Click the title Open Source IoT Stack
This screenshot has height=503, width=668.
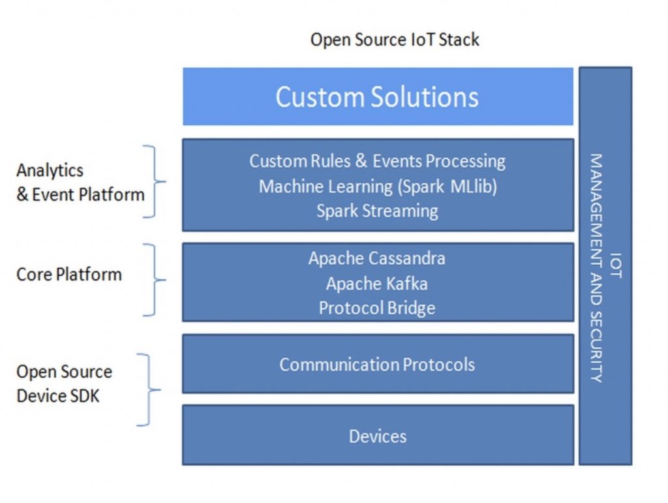[395, 40]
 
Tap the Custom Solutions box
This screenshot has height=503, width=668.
[378, 97]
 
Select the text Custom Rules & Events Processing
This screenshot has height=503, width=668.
[378, 161]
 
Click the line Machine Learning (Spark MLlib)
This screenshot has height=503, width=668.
[378, 187]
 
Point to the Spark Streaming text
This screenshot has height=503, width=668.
[378, 211]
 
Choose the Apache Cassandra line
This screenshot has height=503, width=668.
[377, 258]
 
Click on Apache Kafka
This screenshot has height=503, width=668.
[377, 284]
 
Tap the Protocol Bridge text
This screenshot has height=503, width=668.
[377, 308]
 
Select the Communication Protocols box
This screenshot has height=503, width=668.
[378, 364]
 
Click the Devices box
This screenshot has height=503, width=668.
[378, 435]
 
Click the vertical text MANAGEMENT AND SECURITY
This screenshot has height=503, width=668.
[596, 268]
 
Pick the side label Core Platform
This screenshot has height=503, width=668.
[69, 274]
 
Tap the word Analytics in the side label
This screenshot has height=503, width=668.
[50, 170]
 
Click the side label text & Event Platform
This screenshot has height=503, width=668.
[80, 194]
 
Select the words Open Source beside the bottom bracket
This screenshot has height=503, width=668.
[65, 371]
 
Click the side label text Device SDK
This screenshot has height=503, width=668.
[58, 396]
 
